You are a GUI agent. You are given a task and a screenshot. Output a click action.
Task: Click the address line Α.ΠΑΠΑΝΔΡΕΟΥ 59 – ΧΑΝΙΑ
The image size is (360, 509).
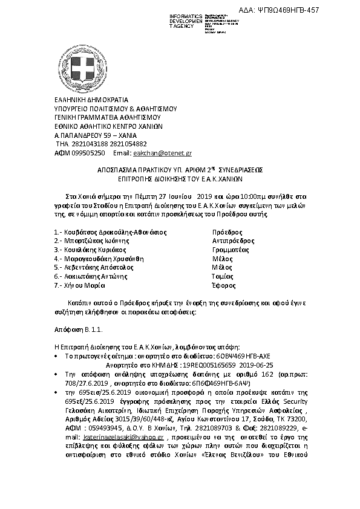coord(96,136)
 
